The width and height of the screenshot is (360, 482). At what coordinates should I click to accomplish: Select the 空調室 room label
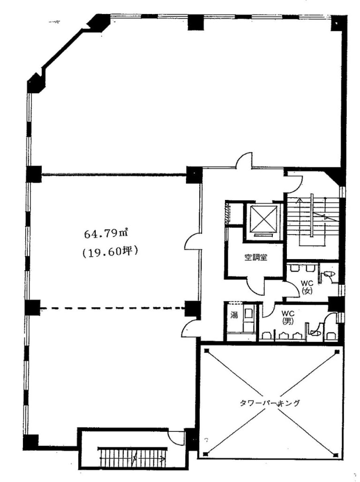255,257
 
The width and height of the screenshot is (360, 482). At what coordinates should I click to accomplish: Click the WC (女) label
307,287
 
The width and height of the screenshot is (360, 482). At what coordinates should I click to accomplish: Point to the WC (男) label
288,317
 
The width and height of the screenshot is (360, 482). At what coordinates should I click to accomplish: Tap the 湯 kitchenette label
234,315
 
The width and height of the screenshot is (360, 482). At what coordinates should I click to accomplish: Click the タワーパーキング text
270,403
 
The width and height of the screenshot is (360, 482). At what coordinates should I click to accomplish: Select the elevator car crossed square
263,219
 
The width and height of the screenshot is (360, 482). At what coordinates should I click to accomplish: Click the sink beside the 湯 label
247,313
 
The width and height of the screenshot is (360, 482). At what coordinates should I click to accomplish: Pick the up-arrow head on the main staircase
299,200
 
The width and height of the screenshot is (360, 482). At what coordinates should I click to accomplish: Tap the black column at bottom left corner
31,442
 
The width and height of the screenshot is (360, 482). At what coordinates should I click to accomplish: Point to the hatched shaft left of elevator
228,213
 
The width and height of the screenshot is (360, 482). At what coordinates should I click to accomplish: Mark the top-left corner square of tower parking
206,351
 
